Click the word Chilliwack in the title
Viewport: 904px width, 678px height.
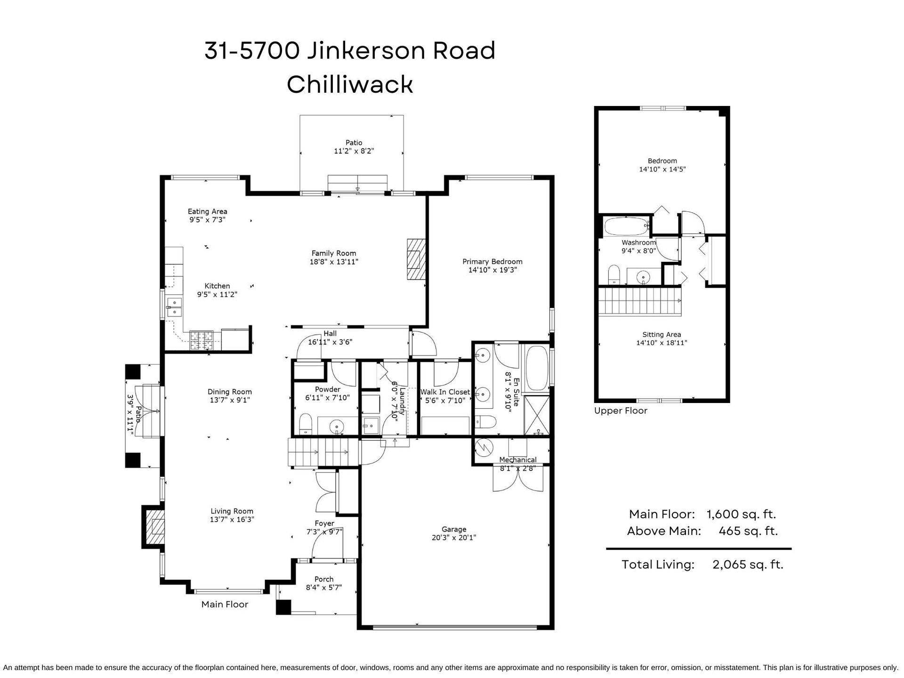(350, 85)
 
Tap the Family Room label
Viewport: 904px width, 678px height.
(334, 253)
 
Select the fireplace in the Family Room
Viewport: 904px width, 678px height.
(416, 259)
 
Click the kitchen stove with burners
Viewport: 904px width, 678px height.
(202, 340)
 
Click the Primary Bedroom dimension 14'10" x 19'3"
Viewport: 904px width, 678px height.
(492, 270)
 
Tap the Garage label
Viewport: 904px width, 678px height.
(454, 529)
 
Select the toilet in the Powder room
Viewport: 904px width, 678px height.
(306, 423)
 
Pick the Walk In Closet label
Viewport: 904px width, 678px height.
(445, 392)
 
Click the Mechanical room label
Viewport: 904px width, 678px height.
(518, 460)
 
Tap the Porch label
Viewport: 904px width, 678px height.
(324, 579)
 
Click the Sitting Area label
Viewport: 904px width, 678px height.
(662, 335)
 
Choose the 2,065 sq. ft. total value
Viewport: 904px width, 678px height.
(748, 565)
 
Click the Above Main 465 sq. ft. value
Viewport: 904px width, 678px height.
(748, 531)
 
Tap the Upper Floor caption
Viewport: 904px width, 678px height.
(621, 411)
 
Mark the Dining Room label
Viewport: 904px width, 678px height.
(230, 392)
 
